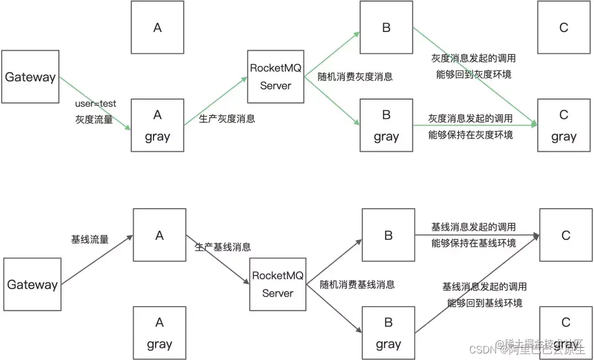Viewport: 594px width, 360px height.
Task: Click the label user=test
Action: tap(96, 103)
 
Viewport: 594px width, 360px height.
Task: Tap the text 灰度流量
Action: tap(94, 119)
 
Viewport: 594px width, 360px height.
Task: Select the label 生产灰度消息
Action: tap(227, 118)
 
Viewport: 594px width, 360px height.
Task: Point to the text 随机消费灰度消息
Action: tap(355, 77)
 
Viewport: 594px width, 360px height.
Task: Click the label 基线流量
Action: tap(90, 239)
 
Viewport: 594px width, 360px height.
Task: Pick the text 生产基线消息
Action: tap(223, 247)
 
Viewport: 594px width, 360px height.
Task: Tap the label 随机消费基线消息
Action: tap(358, 284)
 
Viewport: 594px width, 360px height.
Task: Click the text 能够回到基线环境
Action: tap(485, 303)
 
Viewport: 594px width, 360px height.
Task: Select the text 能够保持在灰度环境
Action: tap(471, 134)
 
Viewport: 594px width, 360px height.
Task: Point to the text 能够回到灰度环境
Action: tap(474, 74)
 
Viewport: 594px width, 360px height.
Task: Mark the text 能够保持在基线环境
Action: tap(474, 243)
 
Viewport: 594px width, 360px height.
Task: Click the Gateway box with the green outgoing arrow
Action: tap(30, 77)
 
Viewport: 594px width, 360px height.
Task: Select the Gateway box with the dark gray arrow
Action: tap(32, 284)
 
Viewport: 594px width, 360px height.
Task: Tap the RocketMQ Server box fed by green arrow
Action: tap(276, 77)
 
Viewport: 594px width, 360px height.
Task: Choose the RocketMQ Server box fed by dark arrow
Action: tap(278, 284)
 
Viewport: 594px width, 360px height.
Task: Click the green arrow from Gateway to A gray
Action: tap(95, 103)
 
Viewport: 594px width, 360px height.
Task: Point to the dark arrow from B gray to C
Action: tap(476, 284)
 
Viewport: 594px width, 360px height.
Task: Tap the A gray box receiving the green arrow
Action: tap(157, 126)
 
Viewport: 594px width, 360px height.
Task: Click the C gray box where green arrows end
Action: tap(563, 126)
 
